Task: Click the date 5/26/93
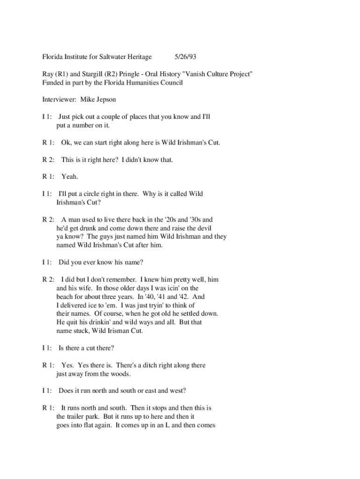pyautogui.click(x=185, y=57)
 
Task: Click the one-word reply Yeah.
pyautogui.click(x=70, y=177)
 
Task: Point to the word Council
pyautogui.click(x=171, y=83)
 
